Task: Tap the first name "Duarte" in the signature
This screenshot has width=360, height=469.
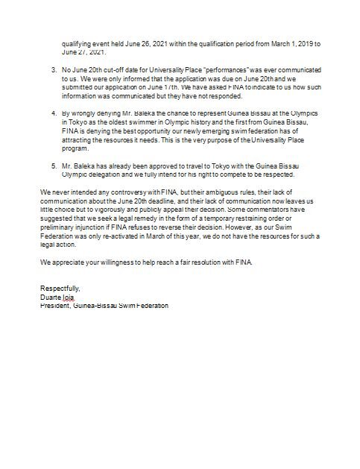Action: [51, 297]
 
